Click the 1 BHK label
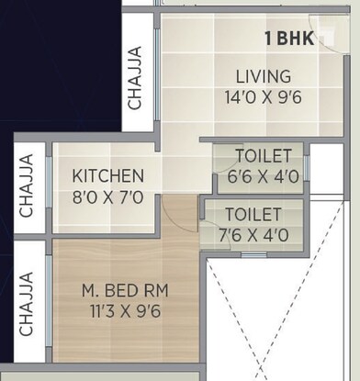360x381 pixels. point(289,39)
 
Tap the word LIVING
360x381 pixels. point(262,76)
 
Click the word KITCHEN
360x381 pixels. point(108,175)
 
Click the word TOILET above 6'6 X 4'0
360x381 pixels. point(264,155)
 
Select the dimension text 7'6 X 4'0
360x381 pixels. point(253,234)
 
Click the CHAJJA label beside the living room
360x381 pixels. point(135,79)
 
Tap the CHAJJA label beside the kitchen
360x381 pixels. point(27,185)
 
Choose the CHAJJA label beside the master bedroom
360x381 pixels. point(27,303)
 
